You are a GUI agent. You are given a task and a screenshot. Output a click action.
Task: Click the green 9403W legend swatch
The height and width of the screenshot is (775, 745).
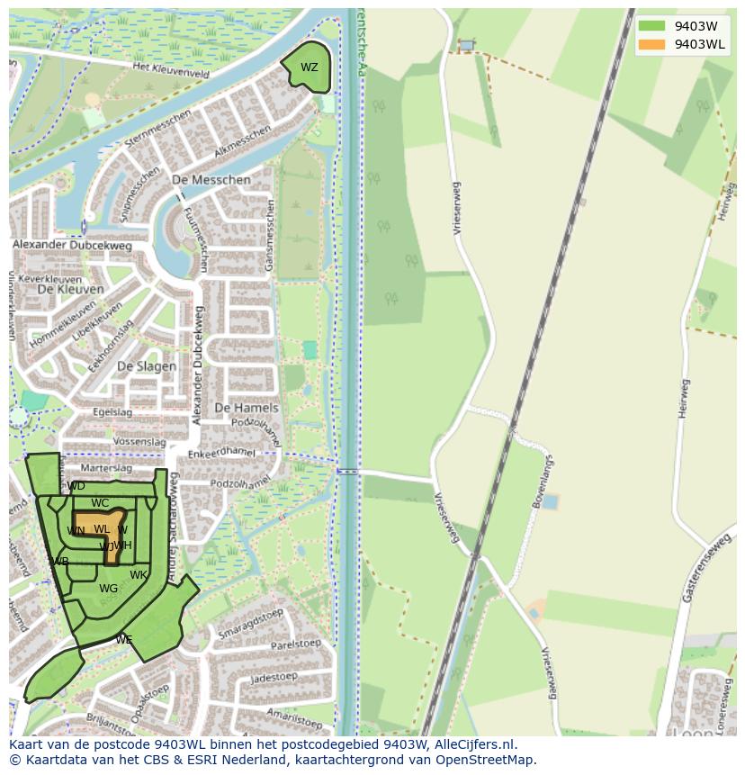pos(651,26)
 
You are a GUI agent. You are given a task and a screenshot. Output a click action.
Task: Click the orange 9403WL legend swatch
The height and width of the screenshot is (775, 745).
pos(651,44)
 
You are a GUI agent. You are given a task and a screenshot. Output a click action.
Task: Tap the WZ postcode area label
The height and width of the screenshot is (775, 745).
pos(309,68)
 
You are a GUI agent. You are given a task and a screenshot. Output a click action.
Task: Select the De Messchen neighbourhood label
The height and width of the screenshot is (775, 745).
pos(211,180)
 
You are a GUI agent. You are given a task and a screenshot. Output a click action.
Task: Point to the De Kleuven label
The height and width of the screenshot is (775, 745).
pos(70,290)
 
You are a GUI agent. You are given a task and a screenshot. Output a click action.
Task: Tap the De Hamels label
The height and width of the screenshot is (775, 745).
pos(247,408)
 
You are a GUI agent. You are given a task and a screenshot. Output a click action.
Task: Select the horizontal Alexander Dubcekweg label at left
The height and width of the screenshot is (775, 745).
pos(72,245)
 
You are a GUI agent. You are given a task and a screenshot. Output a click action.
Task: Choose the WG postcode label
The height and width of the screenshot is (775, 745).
pos(108,589)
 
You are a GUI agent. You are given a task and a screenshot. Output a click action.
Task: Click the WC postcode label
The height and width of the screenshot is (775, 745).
pos(100,503)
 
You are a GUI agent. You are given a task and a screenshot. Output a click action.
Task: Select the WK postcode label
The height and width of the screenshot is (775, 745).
pos(138,575)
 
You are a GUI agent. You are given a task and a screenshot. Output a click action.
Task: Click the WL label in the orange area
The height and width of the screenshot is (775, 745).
pos(101,529)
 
